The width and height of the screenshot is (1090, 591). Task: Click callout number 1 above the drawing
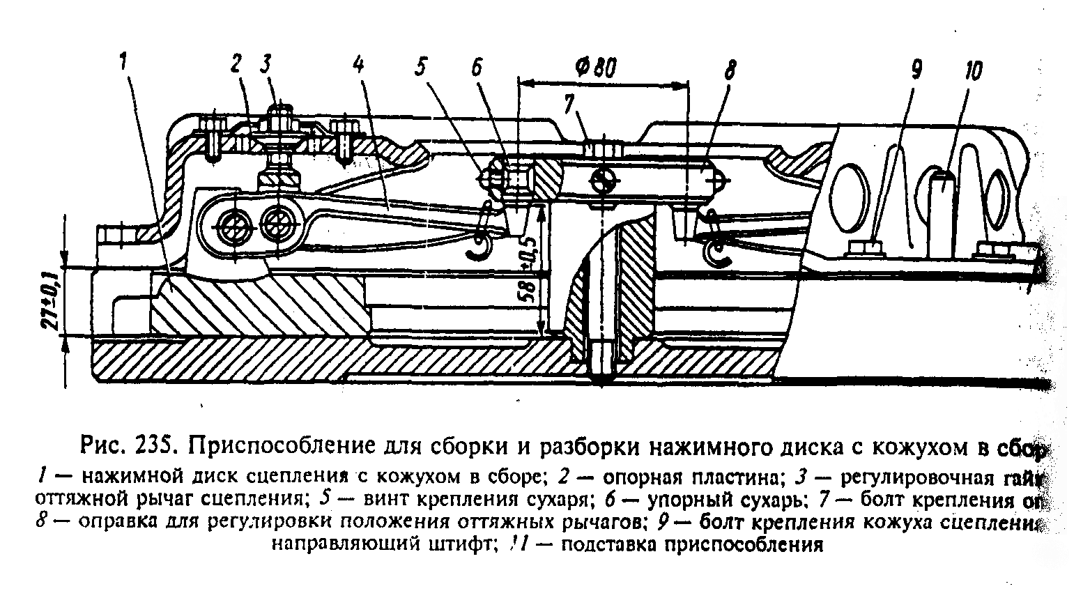pyautogui.click(x=123, y=63)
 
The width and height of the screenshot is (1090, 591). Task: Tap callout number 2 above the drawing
pyautogui.click(x=236, y=64)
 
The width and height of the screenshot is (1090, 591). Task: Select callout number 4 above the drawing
pyautogui.click(x=358, y=64)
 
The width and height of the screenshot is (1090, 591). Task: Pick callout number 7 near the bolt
pyautogui.click(x=570, y=105)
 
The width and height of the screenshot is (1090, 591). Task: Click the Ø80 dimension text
pyautogui.click(x=597, y=68)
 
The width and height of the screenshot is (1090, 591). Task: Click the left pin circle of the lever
pyautogui.click(x=231, y=228)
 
